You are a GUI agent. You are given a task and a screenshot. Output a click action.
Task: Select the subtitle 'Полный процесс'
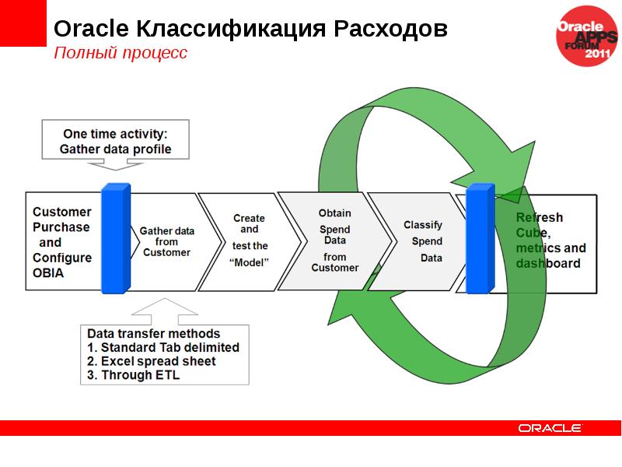[x=120, y=54]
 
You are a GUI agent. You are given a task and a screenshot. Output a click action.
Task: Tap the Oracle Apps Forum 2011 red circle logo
[x=588, y=36]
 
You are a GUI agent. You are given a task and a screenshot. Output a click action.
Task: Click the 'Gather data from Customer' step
[x=166, y=241]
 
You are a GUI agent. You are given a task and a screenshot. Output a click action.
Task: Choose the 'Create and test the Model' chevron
[x=249, y=241]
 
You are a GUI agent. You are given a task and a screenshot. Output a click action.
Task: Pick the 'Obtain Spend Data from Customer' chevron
[x=334, y=241]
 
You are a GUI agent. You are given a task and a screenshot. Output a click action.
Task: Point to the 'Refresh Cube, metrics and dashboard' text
[x=550, y=241]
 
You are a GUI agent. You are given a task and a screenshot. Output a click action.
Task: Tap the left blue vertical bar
[x=116, y=239]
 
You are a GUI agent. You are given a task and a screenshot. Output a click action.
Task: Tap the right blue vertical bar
[x=480, y=239]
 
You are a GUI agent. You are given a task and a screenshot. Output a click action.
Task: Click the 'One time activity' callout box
[x=116, y=142]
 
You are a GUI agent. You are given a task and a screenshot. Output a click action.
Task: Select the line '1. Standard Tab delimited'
[x=162, y=348]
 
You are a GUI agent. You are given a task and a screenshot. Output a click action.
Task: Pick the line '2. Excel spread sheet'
[x=151, y=362]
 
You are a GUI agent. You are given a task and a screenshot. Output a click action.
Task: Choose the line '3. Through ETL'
[x=132, y=376]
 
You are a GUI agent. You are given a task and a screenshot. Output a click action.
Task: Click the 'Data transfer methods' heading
[x=153, y=334]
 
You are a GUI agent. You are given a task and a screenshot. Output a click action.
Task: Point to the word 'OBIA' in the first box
[x=48, y=273]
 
